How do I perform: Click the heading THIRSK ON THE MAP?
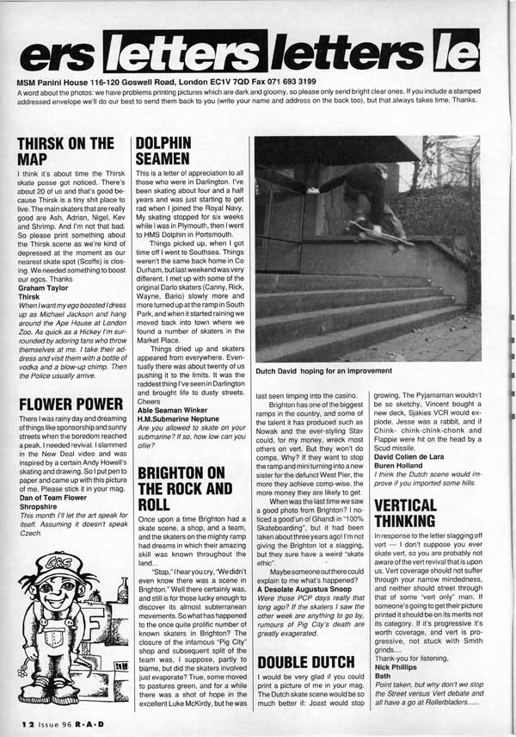[x=65, y=152]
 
